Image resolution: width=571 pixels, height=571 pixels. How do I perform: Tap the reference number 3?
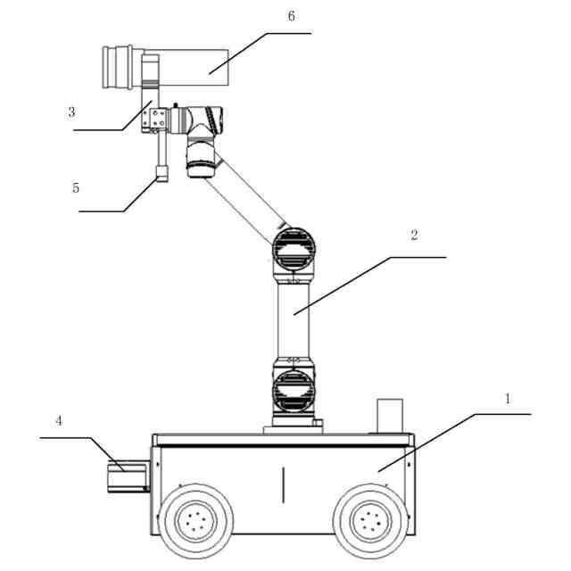tap(70, 112)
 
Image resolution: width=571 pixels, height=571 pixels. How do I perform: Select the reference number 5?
tap(76, 188)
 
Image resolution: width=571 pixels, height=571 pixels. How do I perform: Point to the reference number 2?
tap(413, 236)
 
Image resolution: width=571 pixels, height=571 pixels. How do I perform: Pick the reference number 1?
tap(508, 398)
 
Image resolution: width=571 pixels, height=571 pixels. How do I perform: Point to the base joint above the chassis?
tap(294, 390)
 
